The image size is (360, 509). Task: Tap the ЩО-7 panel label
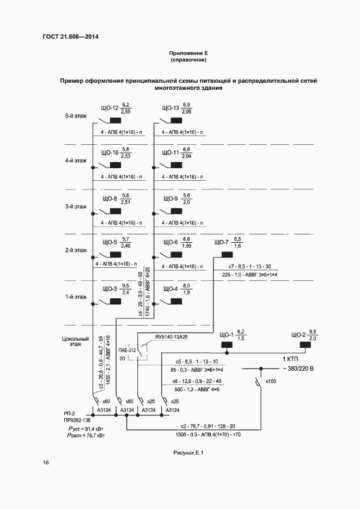[221, 242]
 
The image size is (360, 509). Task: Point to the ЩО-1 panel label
[226, 334]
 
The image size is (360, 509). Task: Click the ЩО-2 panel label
[299, 334]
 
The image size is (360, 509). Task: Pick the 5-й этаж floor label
[76, 116]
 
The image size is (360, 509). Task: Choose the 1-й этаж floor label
[76, 297]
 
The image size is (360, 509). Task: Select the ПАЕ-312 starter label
[126, 351]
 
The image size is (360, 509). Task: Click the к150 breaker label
[271, 382]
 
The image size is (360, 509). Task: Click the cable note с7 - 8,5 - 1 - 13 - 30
[254, 266]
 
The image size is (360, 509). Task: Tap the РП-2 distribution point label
[69, 413]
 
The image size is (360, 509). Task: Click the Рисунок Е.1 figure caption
[188, 452]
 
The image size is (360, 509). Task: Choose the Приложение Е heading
[189, 53]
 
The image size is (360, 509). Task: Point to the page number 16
[46, 463]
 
